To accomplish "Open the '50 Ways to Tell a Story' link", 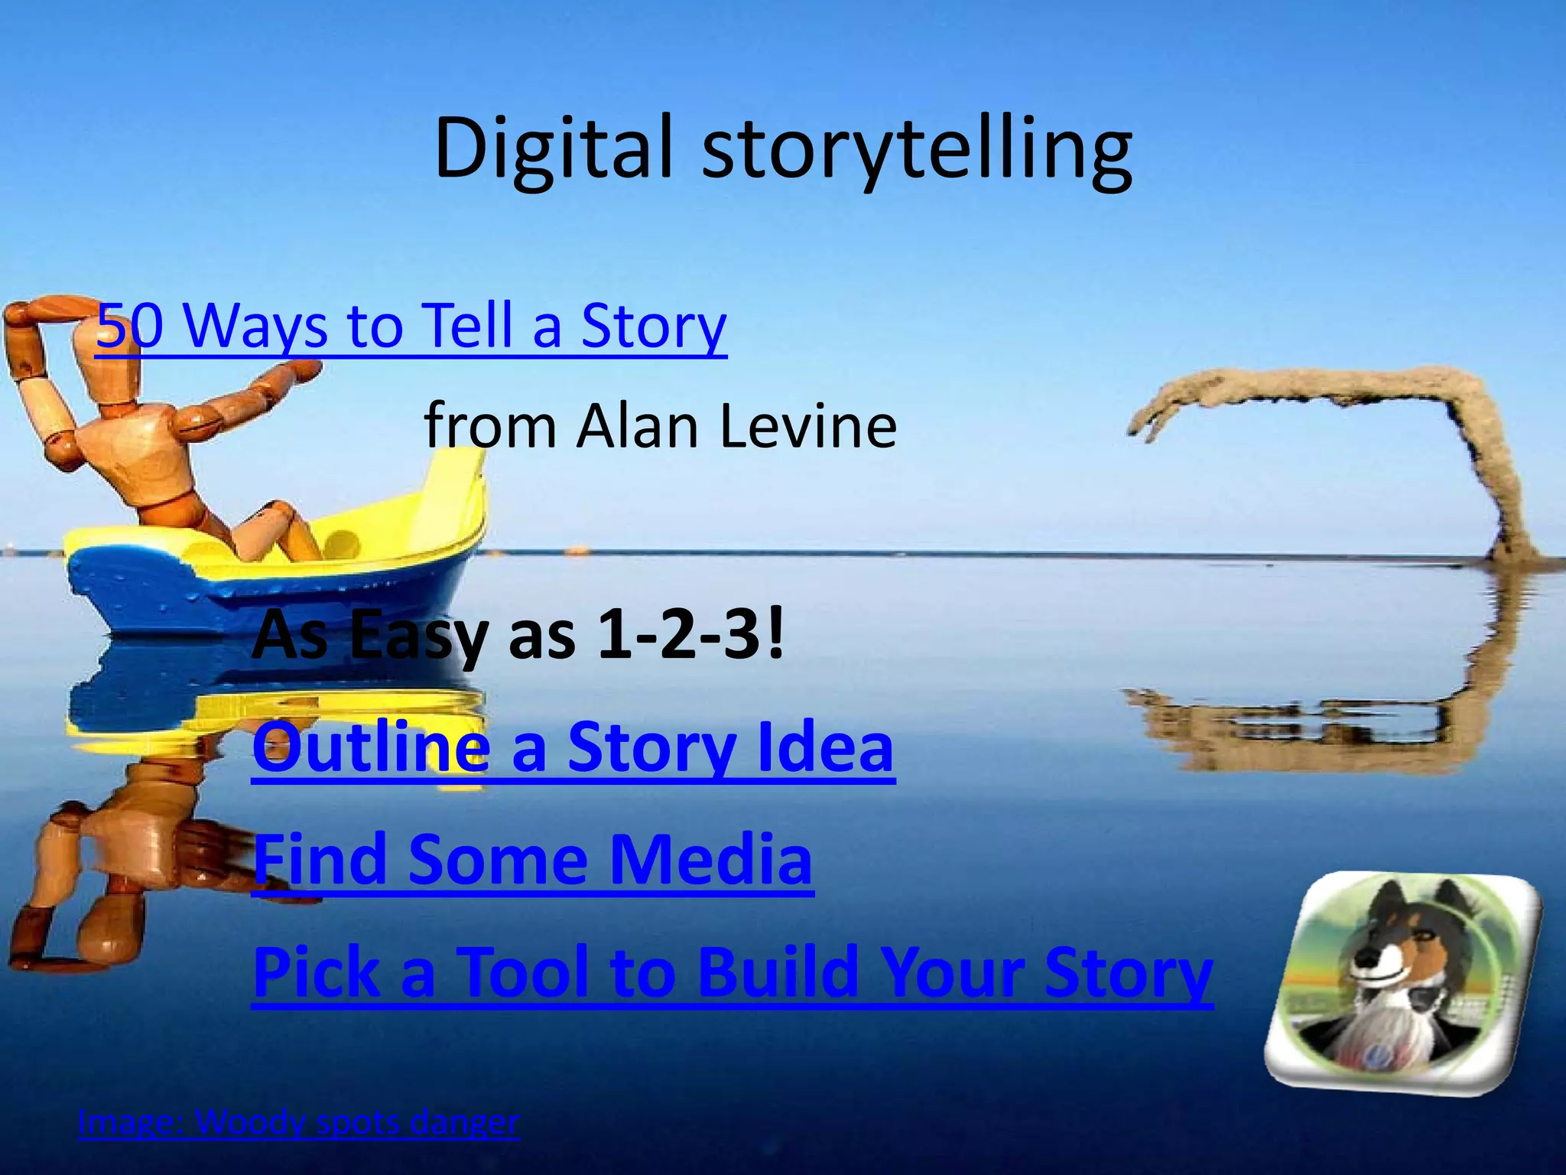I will pos(411,326).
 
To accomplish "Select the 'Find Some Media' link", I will pos(532,859).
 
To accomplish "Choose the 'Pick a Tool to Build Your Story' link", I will pos(733,972).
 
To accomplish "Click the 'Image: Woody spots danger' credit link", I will pos(298,1122).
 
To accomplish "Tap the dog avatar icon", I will pos(1402,979).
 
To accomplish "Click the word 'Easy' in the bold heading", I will pos(417,635).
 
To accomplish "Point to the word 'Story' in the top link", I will pos(653,326).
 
